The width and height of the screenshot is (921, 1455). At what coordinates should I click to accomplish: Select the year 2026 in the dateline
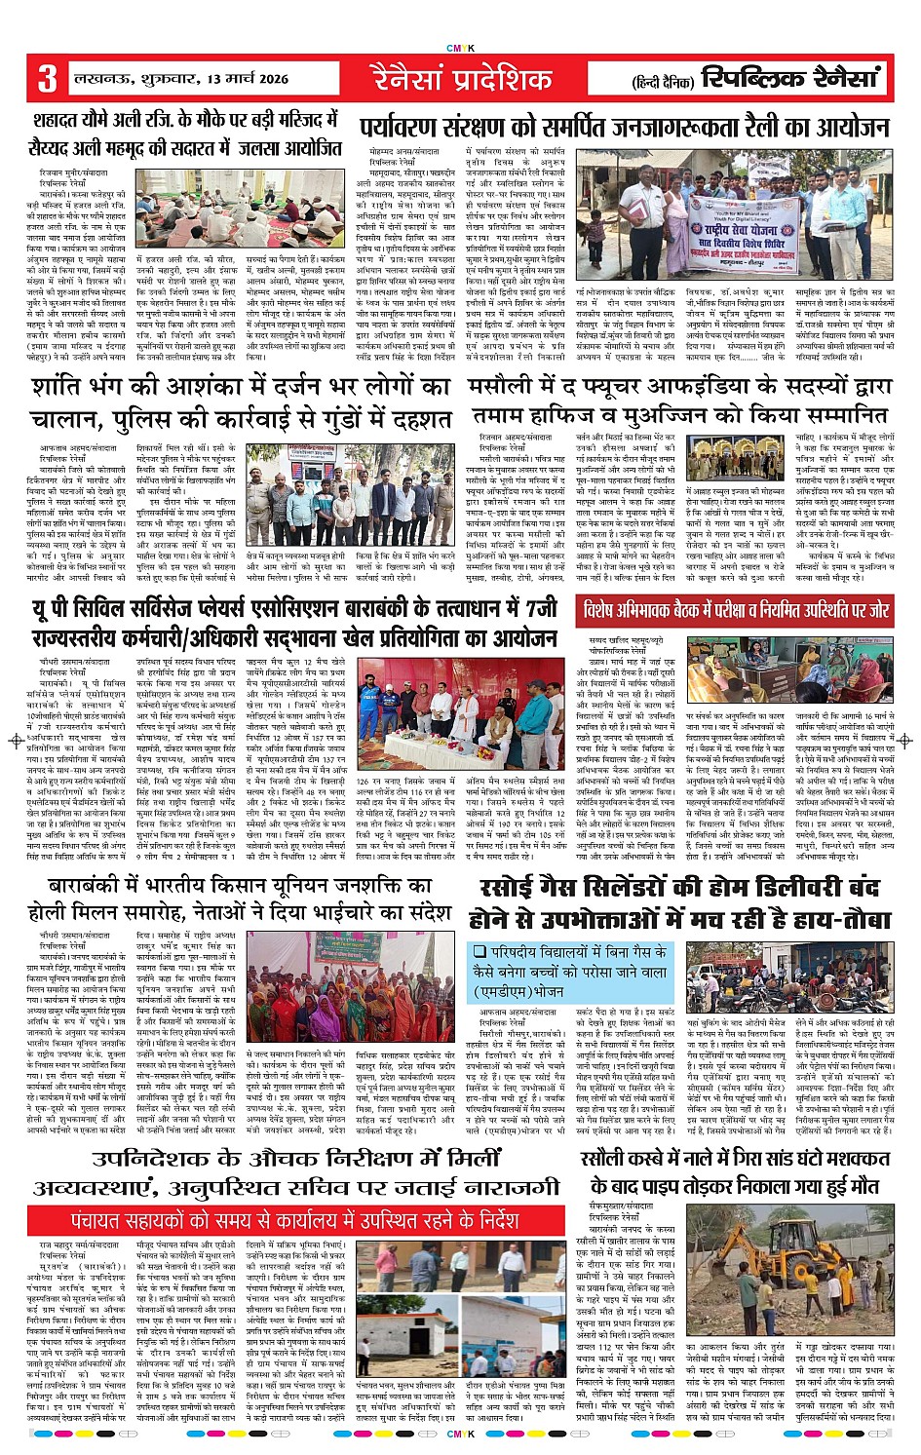tap(301, 78)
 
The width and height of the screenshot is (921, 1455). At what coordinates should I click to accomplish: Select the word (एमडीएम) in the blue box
tap(506, 990)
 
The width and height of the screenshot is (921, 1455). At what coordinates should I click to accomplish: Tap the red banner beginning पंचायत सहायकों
tap(295, 1219)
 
